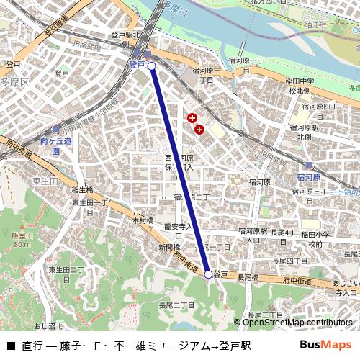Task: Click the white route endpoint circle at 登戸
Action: pyautogui.click(x=152, y=66)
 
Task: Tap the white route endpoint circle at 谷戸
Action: pyautogui.click(x=208, y=274)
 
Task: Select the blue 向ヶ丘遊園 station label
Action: pyautogui.click(x=55, y=147)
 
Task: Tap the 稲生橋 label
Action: pyautogui.click(x=82, y=190)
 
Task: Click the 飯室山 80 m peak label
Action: pyautogui.click(x=22, y=240)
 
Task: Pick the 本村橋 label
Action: pyautogui.click(x=143, y=220)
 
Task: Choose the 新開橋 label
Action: pyautogui.click(x=169, y=247)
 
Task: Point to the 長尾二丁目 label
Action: pyautogui.click(x=177, y=305)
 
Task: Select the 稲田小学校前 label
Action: pyautogui.click(x=315, y=239)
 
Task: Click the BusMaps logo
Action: pyautogui.click(x=325, y=345)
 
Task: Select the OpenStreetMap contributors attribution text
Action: pyautogui.click(x=297, y=323)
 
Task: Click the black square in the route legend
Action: pyautogui.click(x=10, y=346)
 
